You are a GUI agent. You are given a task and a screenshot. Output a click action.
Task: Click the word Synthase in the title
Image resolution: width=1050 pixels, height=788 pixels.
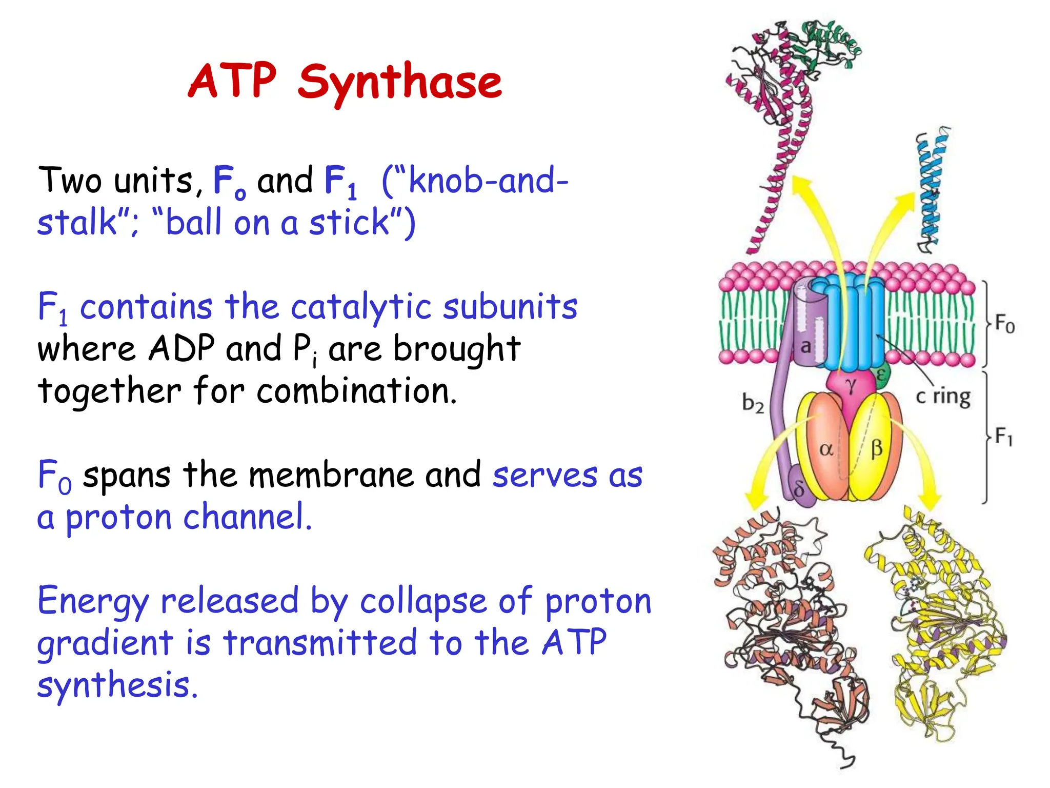400,82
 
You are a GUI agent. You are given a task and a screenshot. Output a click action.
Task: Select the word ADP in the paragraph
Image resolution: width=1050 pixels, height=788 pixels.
181,349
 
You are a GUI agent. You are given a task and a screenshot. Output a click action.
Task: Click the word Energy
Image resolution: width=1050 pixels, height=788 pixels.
92,601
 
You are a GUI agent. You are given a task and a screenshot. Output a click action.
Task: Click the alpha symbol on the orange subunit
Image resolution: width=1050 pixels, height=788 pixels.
826,450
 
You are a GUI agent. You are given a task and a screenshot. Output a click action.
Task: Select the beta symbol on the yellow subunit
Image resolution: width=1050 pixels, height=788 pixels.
876,449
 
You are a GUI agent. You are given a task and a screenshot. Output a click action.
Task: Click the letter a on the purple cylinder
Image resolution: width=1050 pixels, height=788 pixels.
805,346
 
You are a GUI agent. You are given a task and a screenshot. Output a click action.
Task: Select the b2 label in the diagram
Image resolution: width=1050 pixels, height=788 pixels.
753,403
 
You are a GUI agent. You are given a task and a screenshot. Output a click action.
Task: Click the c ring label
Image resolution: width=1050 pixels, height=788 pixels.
943,397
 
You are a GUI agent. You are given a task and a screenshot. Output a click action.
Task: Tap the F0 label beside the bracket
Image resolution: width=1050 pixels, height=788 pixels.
1004,324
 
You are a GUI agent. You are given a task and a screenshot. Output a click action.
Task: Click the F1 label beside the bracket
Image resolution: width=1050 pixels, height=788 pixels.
1003,437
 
